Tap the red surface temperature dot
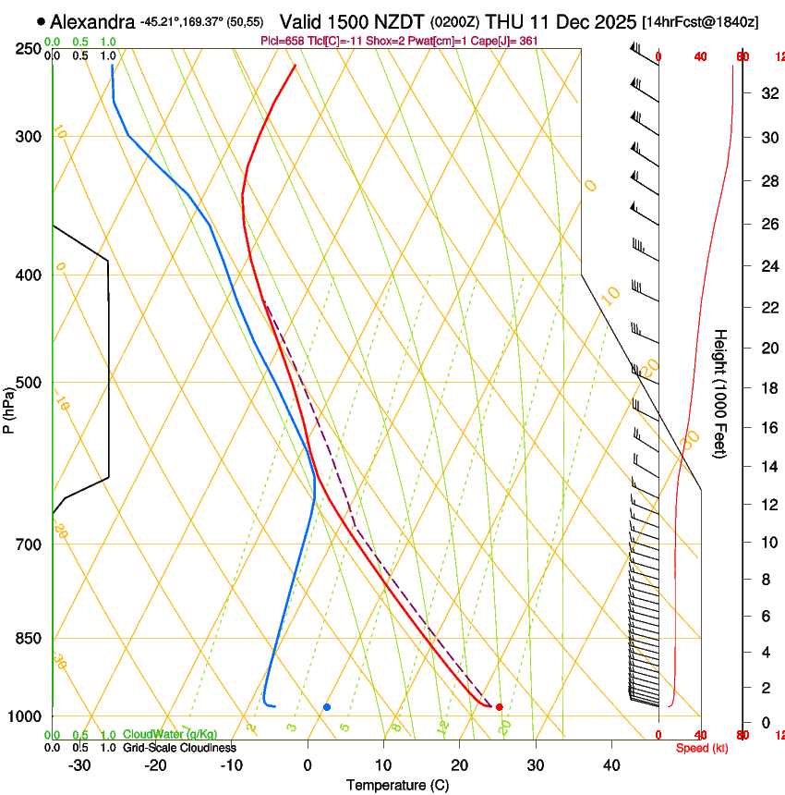500,707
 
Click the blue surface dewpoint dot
327,707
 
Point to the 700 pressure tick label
27,544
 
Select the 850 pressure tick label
27,639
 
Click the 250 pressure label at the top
27,48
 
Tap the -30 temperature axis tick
79,765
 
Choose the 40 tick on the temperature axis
611,765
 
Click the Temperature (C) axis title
397,785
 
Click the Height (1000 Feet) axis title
720,393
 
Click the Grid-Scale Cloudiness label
179,748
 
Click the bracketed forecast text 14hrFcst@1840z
700,22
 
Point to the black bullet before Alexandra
41,21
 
